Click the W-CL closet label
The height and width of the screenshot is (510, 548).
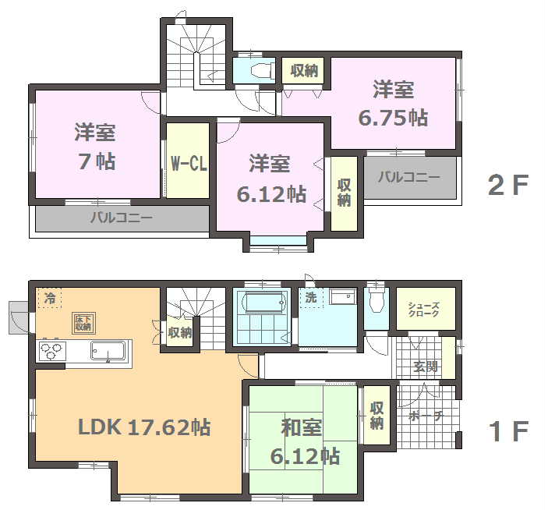189,163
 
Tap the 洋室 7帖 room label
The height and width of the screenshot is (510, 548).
95,147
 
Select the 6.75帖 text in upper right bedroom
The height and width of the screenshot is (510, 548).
393,118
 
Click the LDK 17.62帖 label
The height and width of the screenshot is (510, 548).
144,427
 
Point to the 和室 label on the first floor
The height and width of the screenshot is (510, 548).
301,427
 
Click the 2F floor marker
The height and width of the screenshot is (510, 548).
508,186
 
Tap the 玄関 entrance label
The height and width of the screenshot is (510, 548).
426,367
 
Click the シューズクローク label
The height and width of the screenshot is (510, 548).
423,310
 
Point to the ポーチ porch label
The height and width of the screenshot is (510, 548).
426,416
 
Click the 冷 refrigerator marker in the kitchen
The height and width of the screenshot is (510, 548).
50,298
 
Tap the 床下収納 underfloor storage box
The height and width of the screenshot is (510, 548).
83,323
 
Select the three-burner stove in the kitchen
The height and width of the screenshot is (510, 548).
51,351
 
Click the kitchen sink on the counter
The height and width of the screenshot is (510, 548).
108,351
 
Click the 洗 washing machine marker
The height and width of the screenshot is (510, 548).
311,297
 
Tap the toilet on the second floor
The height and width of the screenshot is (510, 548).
263,71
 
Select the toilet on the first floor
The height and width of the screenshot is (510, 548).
377,300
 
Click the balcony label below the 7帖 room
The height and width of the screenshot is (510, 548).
122,218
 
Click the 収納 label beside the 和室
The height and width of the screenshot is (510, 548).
377,416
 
